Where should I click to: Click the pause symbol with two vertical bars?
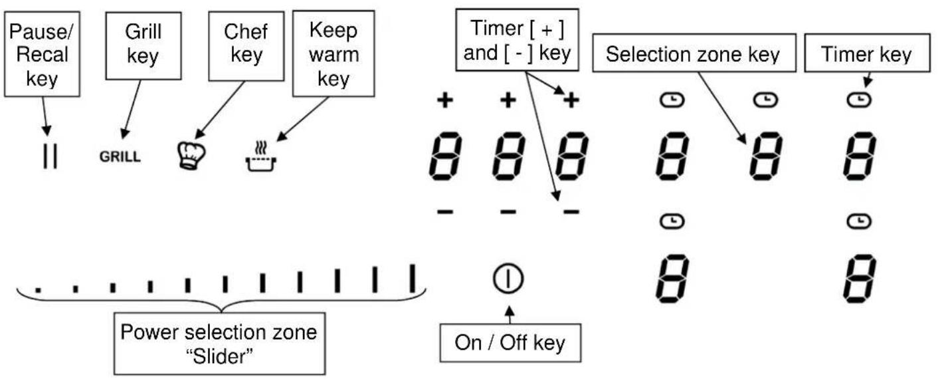point(50,156)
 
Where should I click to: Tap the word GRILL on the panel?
point(120,158)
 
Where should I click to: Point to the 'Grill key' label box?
point(143,45)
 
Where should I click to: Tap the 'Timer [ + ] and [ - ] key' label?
point(516,41)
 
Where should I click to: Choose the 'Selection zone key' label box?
point(692,55)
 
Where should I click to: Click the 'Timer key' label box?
point(866,55)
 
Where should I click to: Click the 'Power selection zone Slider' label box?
point(219,344)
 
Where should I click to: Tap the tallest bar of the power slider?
point(413,279)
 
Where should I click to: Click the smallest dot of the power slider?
point(38,289)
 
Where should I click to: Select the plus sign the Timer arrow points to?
point(571,100)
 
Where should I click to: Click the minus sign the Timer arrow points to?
point(570,211)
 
